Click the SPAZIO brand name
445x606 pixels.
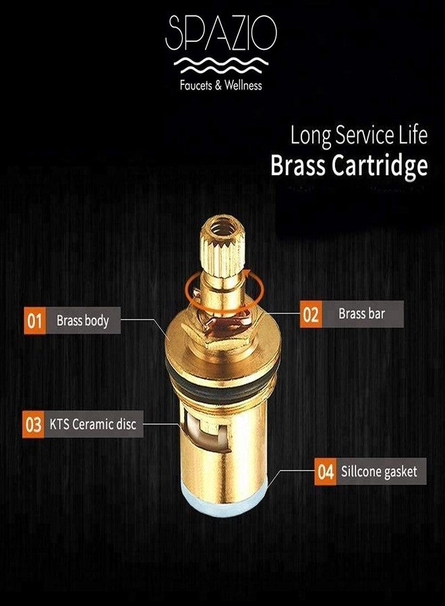(222, 34)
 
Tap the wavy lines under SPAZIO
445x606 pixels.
(222, 65)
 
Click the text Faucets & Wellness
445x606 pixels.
(222, 86)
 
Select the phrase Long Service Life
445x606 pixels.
(359, 135)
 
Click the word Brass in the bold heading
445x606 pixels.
(299, 166)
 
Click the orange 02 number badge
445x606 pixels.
(311, 314)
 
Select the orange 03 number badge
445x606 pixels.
(33, 426)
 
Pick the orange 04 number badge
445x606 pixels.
(326, 471)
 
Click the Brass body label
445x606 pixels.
(82, 321)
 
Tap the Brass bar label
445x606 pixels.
(363, 314)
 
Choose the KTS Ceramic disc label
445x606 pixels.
(92, 426)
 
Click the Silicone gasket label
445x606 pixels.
(379, 471)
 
